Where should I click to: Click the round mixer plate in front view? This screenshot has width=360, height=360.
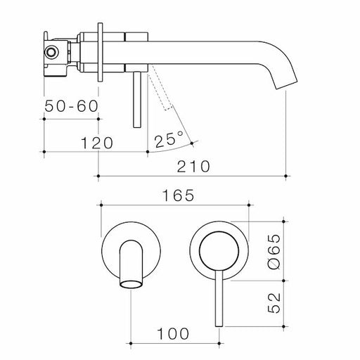219,249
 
